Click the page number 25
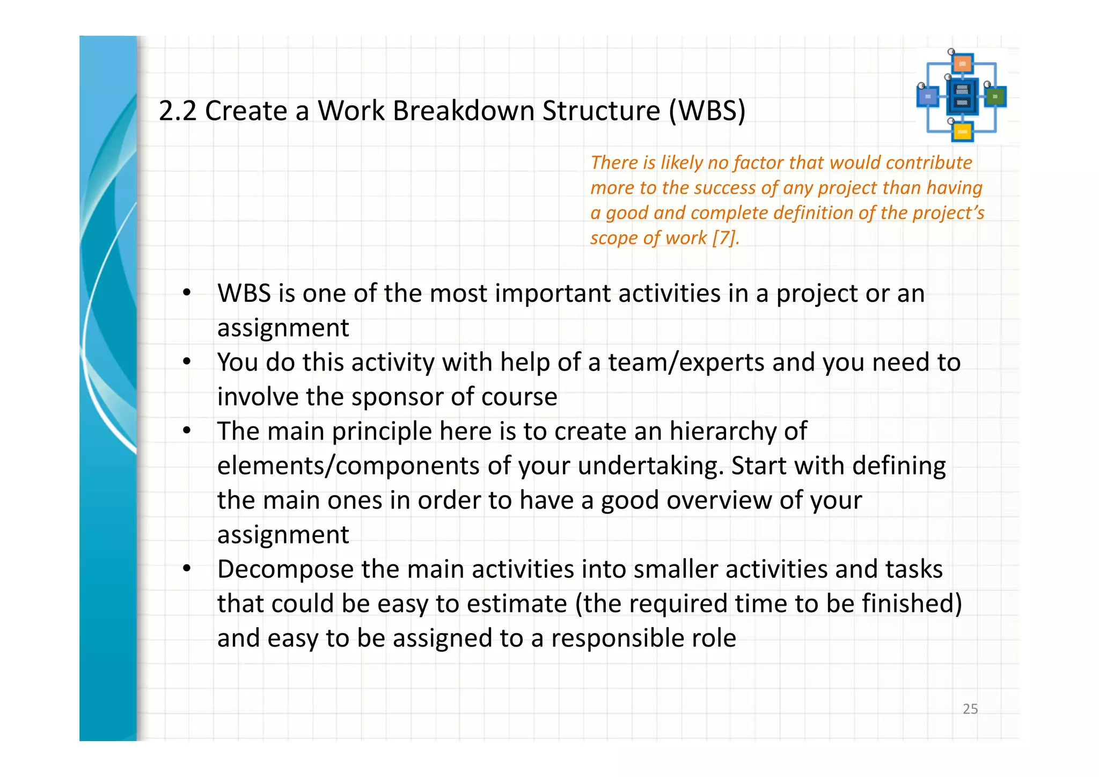click(x=970, y=709)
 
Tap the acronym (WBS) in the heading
click(x=707, y=111)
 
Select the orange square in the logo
click(x=962, y=64)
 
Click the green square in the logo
click(x=995, y=97)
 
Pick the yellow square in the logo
click(x=962, y=132)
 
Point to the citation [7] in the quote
click(x=725, y=238)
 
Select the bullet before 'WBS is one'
click(x=186, y=293)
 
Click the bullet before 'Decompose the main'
click(x=186, y=569)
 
